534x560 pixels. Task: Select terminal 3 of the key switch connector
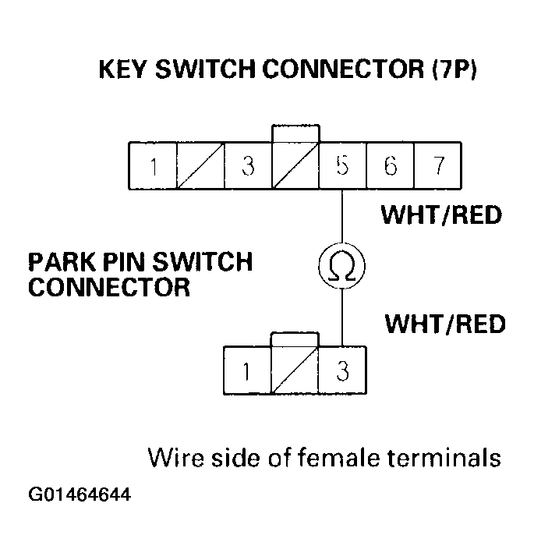248,167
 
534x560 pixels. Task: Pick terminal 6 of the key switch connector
391,167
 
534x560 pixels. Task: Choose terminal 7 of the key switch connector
437,167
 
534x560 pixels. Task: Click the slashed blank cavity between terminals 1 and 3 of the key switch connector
201,167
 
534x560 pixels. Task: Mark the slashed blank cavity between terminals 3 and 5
295,167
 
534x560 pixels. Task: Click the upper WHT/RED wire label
441,214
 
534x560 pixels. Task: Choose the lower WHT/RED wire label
445,323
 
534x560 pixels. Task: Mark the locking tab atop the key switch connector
295,133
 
